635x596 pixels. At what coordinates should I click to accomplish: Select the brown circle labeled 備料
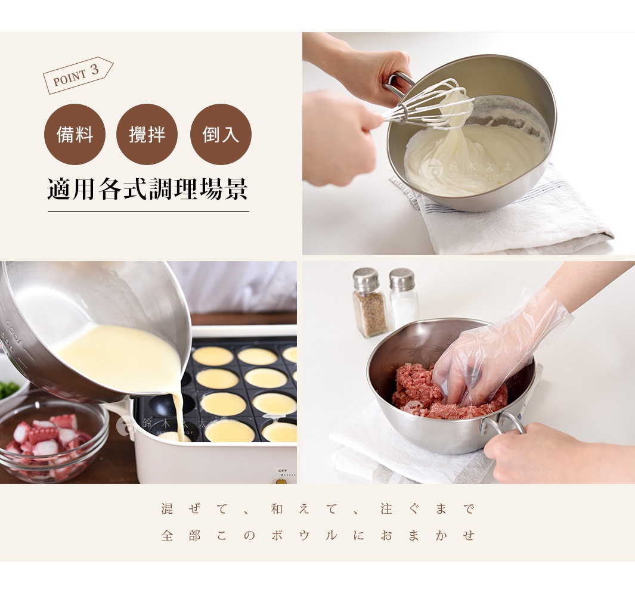75,134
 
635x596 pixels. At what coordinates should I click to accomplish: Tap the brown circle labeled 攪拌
147,134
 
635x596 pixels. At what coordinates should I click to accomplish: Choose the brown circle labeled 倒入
221,134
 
